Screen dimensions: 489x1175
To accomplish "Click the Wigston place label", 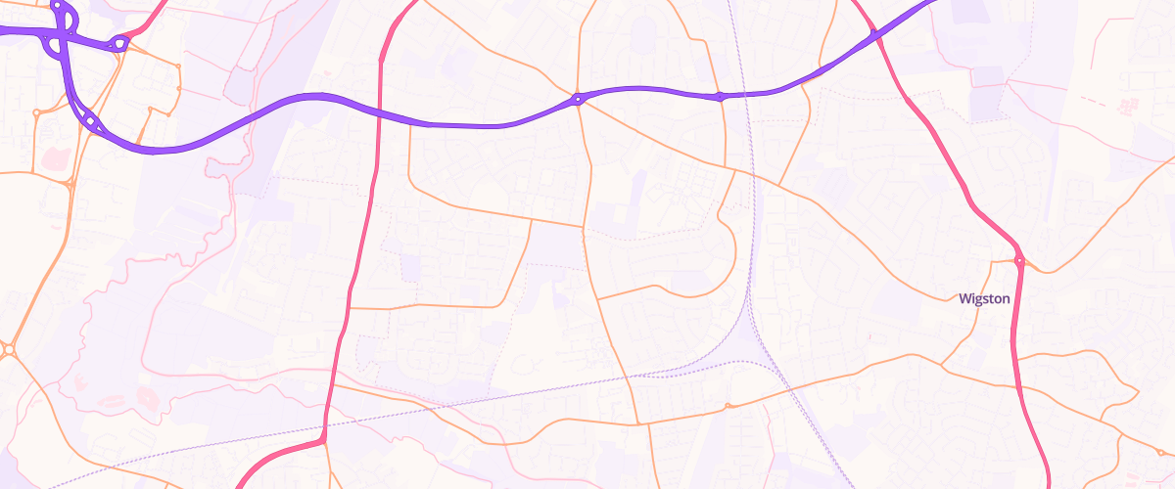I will (x=984, y=299).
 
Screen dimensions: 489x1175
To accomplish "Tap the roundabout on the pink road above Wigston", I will (x=1019, y=260).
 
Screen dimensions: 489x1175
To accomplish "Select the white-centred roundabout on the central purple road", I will (x=578, y=98).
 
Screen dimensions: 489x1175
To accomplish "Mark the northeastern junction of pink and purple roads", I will (x=875, y=37).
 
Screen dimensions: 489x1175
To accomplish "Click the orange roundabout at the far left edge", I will (x=9, y=349).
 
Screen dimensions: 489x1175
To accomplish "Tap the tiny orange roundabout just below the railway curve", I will (x=728, y=406).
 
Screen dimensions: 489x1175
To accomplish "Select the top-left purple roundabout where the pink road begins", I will (x=119, y=43).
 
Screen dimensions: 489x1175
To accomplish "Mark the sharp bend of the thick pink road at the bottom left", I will (x=321, y=441).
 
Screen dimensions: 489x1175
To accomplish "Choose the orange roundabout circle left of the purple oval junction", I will (x=36, y=113).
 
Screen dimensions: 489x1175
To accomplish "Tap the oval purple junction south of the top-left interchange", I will (x=91, y=121).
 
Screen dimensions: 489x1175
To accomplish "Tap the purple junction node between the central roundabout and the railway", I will (x=721, y=96).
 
